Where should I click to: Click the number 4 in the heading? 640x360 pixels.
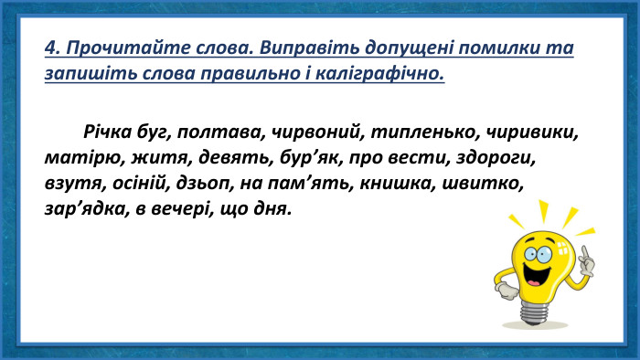click(x=50, y=48)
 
